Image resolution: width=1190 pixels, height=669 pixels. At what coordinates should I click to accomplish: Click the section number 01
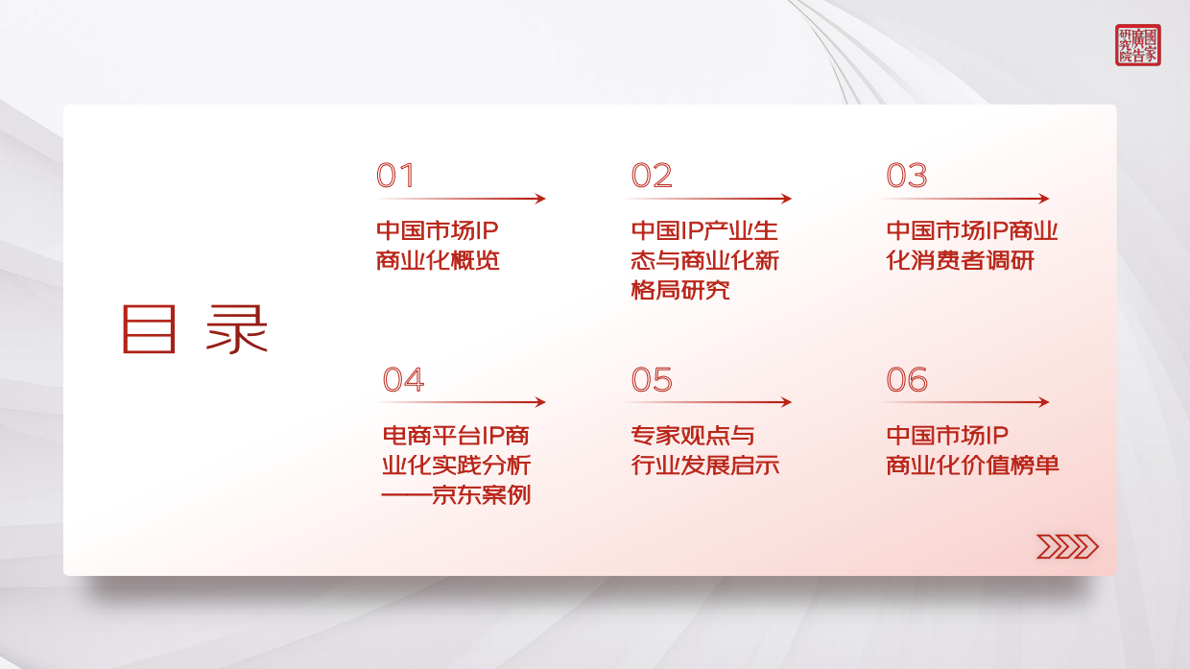click(395, 176)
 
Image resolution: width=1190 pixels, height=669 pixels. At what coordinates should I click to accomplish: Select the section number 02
click(652, 176)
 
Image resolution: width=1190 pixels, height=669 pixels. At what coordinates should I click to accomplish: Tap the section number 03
click(907, 176)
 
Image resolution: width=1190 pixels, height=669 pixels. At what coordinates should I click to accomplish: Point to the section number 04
click(403, 380)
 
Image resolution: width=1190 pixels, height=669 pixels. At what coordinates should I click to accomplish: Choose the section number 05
click(652, 380)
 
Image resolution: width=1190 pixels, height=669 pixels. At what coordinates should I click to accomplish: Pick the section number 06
click(907, 380)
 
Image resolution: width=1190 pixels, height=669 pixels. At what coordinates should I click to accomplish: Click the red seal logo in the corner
click(1137, 45)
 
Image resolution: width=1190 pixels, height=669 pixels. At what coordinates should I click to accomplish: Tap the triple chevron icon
click(1067, 546)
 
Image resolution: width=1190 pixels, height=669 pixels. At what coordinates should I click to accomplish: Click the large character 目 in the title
click(149, 329)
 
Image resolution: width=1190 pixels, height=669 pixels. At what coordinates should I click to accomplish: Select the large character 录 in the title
click(237, 329)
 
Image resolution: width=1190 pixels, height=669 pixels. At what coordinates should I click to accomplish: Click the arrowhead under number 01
click(540, 199)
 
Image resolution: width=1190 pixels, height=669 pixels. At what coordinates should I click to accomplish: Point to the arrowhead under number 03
click(1044, 199)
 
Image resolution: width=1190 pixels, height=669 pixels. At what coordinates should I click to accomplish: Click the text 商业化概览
click(439, 260)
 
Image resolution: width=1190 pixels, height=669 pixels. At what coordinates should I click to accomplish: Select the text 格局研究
click(680, 290)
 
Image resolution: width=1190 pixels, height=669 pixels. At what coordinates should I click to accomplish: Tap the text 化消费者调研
click(961, 260)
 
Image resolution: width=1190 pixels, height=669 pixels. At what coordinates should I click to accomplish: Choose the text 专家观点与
click(693, 436)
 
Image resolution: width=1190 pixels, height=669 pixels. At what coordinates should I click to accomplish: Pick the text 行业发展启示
click(705, 466)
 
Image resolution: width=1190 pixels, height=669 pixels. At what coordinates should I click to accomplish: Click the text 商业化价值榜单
click(973, 466)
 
